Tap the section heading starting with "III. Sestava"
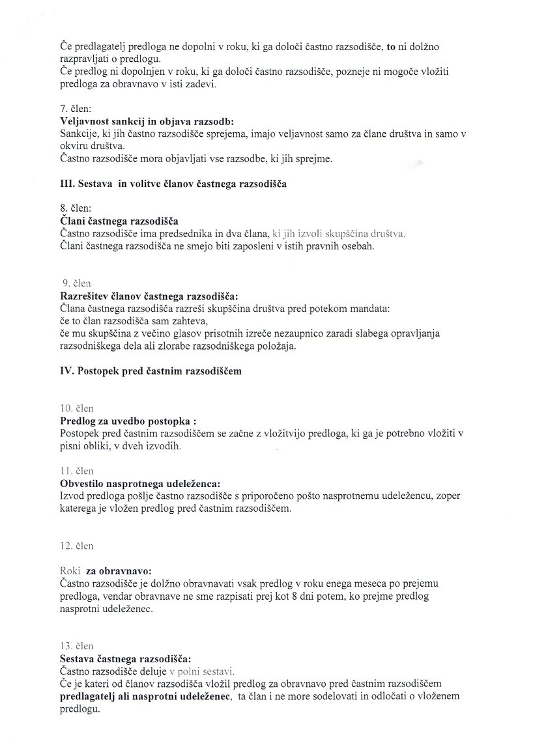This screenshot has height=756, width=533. (173, 184)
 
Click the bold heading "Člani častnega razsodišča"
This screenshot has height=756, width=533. (119, 221)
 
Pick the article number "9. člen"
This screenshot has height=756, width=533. (77, 283)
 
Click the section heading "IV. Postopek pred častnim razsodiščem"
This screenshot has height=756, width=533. (151, 371)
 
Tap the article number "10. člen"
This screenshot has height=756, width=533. (77, 409)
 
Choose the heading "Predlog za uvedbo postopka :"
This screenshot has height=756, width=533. (128, 421)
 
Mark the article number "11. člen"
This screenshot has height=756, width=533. (77, 471)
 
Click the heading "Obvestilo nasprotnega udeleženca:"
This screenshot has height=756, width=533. (140, 483)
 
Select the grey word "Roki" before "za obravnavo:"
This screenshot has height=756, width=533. (70, 570)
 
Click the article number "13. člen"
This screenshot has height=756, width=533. (77, 646)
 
